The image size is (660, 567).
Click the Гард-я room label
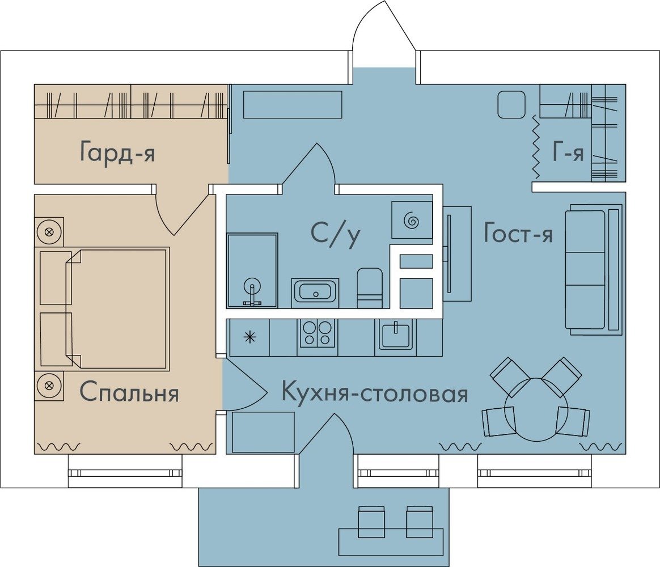(x=117, y=152)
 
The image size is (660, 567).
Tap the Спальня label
(x=129, y=392)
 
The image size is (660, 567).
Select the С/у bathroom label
(x=336, y=234)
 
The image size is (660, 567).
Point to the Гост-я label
(x=518, y=233)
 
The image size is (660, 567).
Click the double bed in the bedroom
(x=105, y=308)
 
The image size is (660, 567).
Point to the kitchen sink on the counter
(x=396, y=334)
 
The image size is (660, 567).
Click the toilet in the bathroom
(x=370, y=289)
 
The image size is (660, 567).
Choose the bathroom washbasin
(x=315, y=291)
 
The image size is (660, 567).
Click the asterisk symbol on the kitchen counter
(x=250, y=337)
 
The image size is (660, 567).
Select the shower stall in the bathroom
(x=252, y=270)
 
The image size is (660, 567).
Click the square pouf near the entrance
(x=511, y=105)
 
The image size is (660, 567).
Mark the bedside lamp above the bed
(x=49, y=231)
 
